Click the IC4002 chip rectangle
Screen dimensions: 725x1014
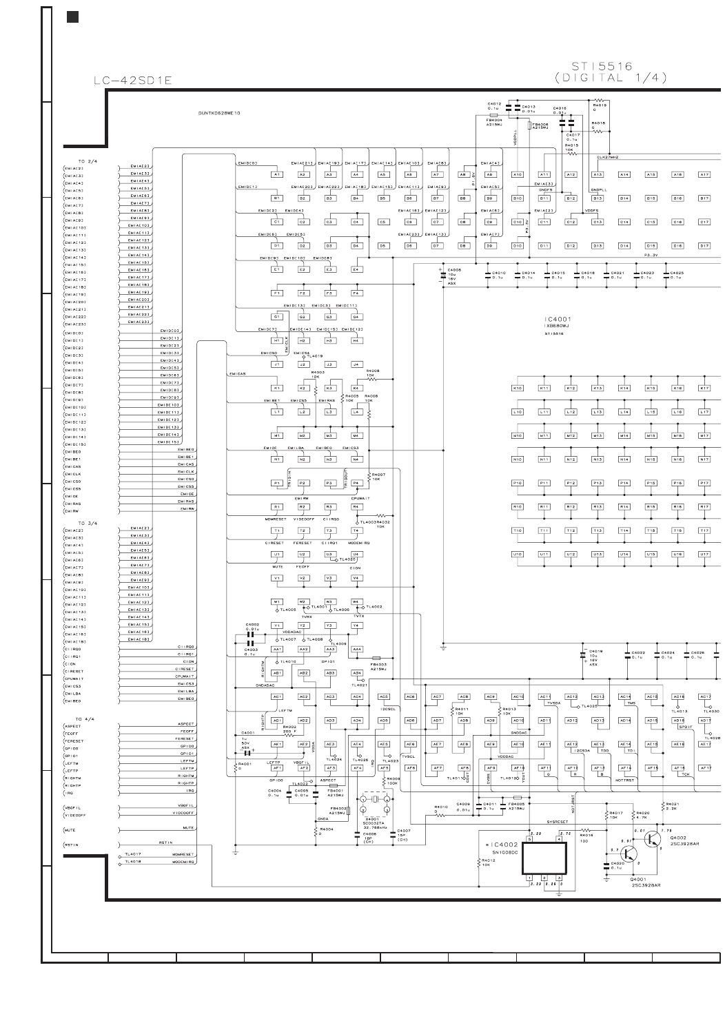(544, 858)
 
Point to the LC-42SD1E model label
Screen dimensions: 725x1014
(133, 81)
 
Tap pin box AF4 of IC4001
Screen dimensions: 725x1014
(357, 768)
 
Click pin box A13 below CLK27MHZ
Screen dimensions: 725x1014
(571, 175)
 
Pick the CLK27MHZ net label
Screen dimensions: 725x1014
(607, 157)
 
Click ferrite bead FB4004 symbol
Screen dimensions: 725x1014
(493, 116)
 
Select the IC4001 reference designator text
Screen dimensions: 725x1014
(557, 319)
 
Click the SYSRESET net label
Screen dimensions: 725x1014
(557, 822)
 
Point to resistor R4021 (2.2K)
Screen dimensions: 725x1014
(663, 805)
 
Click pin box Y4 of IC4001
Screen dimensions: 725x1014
(357, 625)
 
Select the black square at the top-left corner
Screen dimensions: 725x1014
(72, 17)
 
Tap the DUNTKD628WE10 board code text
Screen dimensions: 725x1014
(219, 112)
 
